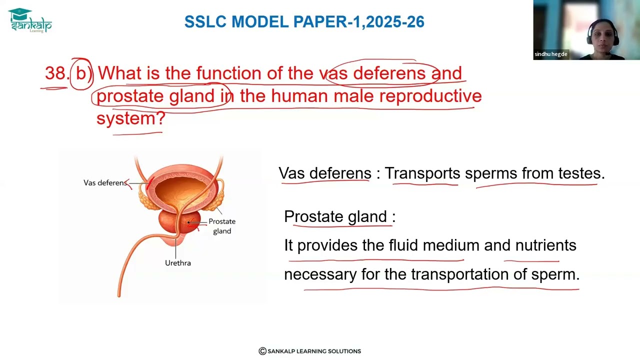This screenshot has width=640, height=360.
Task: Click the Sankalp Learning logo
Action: (x=30, y=20)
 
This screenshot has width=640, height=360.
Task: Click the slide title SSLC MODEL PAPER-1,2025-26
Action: (x=304, y=22)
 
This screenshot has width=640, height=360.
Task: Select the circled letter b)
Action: (x=81, y=73)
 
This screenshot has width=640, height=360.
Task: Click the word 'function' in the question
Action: (x=229, y=73)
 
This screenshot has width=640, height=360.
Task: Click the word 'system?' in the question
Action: (x=131, y=118)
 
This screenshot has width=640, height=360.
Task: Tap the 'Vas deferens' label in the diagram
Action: (x=105, y=183)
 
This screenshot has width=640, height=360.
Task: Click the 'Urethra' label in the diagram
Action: (x=177, y=263)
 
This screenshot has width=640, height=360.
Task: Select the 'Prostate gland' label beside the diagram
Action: (x=222, y=226)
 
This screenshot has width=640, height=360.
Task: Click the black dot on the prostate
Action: (x=188, y=222)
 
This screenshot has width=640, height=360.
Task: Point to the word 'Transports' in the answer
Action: (x=422, y=173)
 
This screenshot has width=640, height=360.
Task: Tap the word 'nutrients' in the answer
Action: (x=545, y=245)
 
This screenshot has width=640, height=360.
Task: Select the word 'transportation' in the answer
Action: (x=460, y=274)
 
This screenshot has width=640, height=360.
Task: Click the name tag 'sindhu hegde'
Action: (x=551, y=54)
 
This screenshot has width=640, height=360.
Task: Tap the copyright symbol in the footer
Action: (x=262, y=351)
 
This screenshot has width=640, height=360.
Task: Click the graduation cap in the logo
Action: (x=19, y=13)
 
